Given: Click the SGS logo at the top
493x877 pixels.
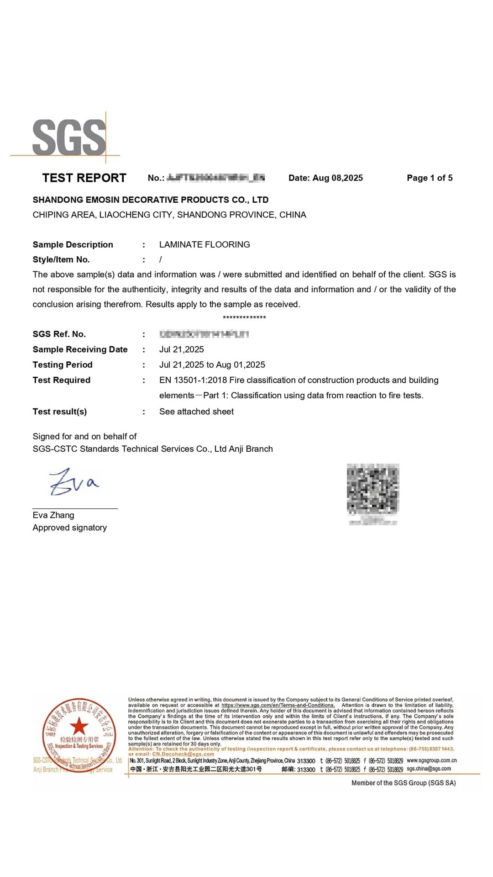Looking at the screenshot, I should [69, 137].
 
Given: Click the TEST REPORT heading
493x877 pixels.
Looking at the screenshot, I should [84, 178].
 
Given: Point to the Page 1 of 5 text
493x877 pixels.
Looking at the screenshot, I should [430, 178].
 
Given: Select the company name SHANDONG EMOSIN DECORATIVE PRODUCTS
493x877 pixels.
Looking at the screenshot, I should [150, 200].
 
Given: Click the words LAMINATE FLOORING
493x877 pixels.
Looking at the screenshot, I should [205, 244].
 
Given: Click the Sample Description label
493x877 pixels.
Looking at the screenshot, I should [73, 244].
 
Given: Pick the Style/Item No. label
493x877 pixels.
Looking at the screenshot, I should [61, 259].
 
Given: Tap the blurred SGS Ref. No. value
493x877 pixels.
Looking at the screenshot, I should [204, 334].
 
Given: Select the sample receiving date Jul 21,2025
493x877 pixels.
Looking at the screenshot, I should [181, 349].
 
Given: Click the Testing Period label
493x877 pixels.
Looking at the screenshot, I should [63, 365].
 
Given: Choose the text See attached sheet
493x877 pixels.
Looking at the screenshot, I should [196, 412].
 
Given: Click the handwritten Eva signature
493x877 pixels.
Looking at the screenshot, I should [73, 482].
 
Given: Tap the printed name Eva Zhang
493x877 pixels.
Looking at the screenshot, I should [53, 515].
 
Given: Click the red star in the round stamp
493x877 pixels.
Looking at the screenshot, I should [79, 725].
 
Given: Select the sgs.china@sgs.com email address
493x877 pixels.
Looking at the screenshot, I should [429, 769].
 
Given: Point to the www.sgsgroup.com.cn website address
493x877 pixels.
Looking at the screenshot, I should [431, 761].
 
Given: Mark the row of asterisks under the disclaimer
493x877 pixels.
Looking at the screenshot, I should [244, 317].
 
